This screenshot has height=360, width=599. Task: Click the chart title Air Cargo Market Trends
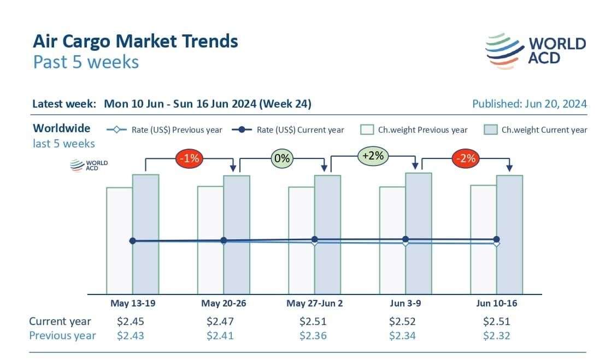[135, 42]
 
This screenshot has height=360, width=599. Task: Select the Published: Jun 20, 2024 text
[529, 104]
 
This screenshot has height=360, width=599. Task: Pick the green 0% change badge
[282, 159]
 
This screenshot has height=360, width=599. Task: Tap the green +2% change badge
[373, 156]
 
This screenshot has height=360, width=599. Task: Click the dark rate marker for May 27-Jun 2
[314, 239]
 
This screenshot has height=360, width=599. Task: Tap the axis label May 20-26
[223, 304]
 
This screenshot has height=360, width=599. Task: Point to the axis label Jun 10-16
[496, 304]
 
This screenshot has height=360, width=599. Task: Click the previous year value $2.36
[313, 335]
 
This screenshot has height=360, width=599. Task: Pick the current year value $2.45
[131, 321]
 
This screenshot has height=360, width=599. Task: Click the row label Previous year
[62, 335]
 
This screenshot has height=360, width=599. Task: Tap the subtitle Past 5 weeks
[86, 62]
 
